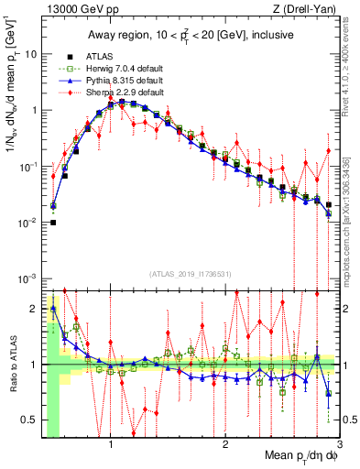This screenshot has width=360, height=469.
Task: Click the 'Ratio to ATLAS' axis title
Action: click(14, 365)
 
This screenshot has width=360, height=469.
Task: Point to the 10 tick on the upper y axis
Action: click(30, 54)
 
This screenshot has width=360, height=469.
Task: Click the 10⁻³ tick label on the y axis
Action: click(28, 278)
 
